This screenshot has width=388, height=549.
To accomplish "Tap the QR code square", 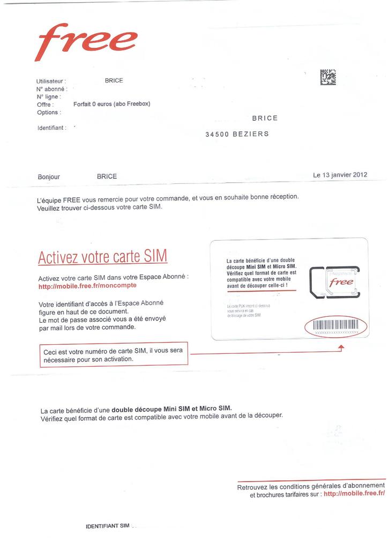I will coord(328,78).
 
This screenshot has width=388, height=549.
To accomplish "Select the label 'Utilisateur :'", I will coord(51,81).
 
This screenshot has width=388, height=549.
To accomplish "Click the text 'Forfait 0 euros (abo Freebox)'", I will coord(111,104).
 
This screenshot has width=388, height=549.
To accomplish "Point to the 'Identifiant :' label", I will coord(51,128).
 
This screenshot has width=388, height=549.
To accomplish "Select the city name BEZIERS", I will coord(251,134).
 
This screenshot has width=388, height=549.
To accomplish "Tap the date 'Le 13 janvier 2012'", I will coord(340,175).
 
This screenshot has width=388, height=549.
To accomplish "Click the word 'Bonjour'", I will coord(49,177).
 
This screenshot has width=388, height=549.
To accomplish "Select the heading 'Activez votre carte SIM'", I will coord(102,257).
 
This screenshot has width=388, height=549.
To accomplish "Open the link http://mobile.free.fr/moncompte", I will coord(87,286).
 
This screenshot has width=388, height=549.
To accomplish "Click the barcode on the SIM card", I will coord(335,325).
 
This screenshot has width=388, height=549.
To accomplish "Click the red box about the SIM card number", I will coord(114,355).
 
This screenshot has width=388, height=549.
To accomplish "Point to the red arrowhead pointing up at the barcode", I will coord(341,348).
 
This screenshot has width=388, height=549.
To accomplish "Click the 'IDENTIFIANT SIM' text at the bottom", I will coord(108,526).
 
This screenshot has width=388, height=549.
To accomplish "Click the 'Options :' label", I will coord(49,113).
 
